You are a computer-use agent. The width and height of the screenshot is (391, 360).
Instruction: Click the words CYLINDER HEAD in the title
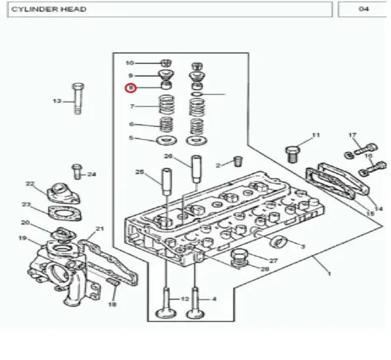coord(49,9)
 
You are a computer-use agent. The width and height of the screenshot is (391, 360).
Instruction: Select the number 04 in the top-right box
coord(364,9)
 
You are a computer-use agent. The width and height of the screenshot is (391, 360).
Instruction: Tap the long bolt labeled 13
coord(78,98)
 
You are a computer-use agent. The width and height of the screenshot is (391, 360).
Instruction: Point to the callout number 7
coord(132,106)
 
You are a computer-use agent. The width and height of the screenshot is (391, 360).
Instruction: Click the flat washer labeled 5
coord(167,140)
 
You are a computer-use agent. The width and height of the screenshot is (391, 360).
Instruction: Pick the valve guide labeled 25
coord(167,182)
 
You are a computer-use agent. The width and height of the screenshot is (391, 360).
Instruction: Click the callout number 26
coord(168,156)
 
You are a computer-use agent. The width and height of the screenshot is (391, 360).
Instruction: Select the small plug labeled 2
coord(239,162)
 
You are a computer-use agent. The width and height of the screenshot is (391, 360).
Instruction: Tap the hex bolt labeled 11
coord(293,155)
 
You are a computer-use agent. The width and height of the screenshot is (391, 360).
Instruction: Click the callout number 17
coord(352,135)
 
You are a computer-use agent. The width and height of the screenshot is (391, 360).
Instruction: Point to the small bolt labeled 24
coord(77,172)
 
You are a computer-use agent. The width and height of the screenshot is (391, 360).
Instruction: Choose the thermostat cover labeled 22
coord(64,194)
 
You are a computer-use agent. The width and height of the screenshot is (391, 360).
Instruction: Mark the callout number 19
coord(22,238)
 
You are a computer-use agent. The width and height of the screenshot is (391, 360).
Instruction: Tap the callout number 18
coord(112,304)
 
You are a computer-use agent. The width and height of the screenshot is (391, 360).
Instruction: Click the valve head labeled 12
coord(166,313)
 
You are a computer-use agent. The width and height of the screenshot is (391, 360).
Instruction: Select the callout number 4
coord(214,299)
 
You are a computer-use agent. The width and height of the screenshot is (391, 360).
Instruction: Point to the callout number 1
coord(329,274)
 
